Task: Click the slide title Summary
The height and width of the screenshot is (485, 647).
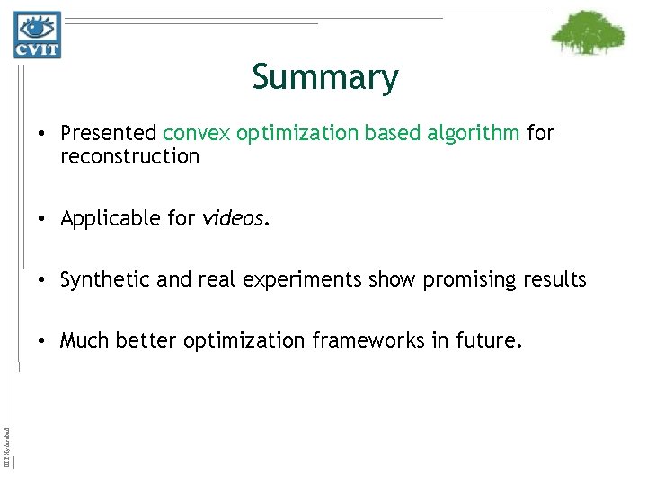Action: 324,77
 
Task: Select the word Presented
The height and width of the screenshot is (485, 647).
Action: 108,134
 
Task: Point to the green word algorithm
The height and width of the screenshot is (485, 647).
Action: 475,134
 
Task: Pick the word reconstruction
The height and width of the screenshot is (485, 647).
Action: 129,156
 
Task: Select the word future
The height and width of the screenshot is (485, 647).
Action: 485,341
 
